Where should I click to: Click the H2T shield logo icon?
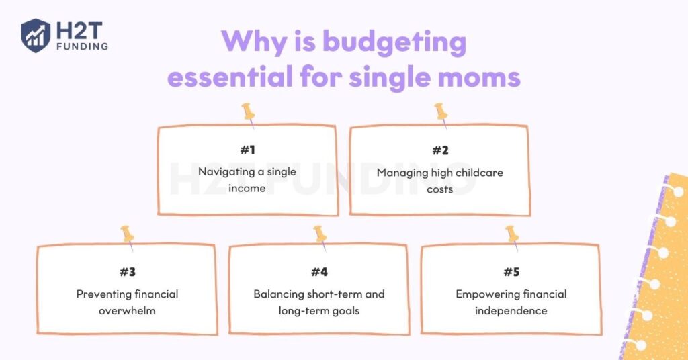tap(36, 35)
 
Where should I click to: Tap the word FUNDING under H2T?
tap(83, 46)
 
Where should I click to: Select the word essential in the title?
tap(230, 77)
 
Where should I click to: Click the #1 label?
tap(248, 150)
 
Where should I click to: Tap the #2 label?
tap(440, 150)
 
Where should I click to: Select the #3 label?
tap(128, 272)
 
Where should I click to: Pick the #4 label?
tap(319, 272)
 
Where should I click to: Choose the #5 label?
tap(511, 272)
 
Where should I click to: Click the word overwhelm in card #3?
tap(127, 310)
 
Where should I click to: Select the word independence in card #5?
tap(511, 311)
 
